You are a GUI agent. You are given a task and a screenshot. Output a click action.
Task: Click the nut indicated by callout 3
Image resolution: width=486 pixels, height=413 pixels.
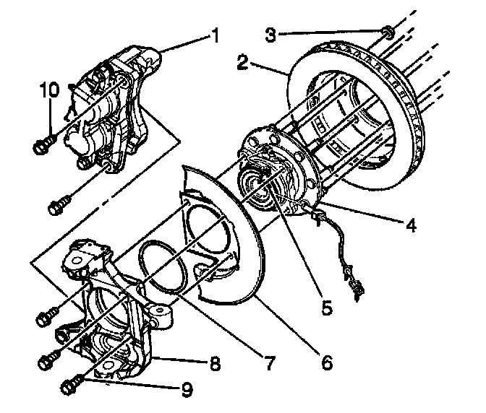387,31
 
